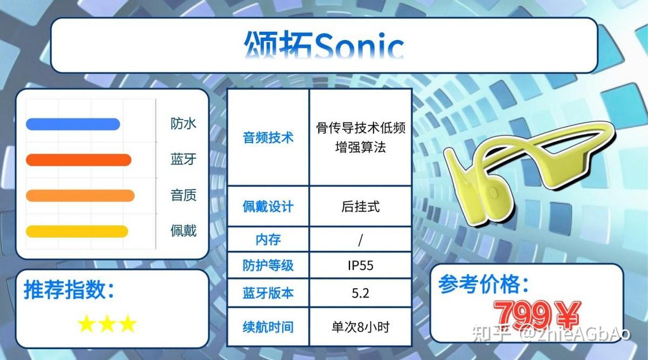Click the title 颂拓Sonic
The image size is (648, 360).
click(324, 45)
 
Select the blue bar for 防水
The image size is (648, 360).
click(73, 124)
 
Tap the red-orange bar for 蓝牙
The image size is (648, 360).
click(79, 160)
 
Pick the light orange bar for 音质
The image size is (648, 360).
click(80, 196)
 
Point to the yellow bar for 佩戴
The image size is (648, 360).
click(77, 232)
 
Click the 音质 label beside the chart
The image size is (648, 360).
click(184, 195)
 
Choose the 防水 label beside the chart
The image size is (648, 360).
click(184, 124)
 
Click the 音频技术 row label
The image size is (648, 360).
click(268, 138)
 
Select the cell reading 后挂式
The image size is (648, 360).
click(361, 207)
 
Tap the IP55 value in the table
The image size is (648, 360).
click(361, 266)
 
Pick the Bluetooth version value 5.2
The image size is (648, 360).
click(361, 294)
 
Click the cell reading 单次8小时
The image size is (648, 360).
click(361, 327)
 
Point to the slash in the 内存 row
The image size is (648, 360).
click(361, 240)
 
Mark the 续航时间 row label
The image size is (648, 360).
click(268, 327)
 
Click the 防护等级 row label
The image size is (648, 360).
click(268, 266)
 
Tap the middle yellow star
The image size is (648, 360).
click(107, 323)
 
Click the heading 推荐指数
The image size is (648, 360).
click(69, 290)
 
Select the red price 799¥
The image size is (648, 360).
click(537, 315)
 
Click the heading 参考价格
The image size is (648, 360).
click(484, 284)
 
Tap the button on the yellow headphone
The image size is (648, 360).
click(492, 192)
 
